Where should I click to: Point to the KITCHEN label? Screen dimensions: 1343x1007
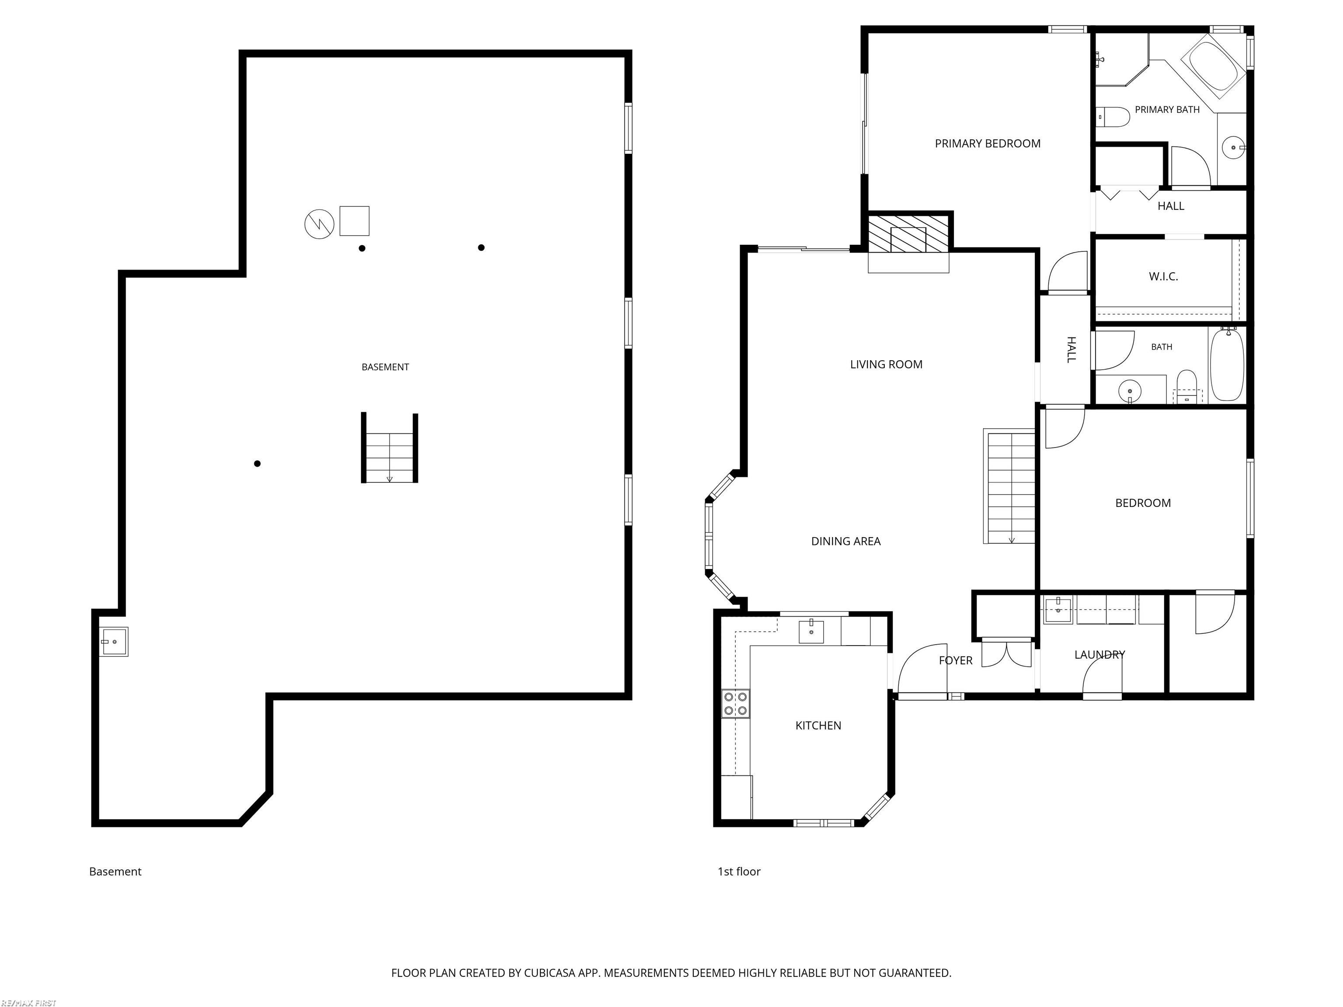pyautogui.click(x=818, y=726)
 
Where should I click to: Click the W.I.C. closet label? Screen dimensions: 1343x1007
pyautogui.click(x=1163, y=277)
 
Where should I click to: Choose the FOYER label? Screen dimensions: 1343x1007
pyautogui.click(x=956, y=660)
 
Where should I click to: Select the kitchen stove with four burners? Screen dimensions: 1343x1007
pyautogui.click(x=735, y=704)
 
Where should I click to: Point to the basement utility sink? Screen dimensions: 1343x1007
pyautogui.click(x=114, y=642)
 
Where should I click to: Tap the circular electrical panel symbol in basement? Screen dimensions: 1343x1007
pyautogui.click(x=320, y=224)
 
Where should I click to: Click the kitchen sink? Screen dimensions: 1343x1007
pyautogui.click(x=811, y=631)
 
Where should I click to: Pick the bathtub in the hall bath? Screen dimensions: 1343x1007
pyautogui.click(x=1227, y=364)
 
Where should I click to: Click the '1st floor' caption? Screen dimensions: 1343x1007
pyautogui.click(x=739, y=872)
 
